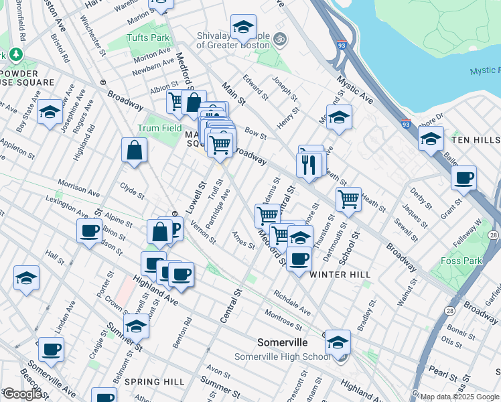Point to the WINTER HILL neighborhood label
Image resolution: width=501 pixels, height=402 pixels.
click(340, 275)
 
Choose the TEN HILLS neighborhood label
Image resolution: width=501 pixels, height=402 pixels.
click(475, 139)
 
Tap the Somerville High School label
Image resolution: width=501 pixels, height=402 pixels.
click(282, 356)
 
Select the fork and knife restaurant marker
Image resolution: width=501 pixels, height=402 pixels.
click(308, 165)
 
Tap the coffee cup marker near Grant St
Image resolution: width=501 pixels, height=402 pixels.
click(463, 178)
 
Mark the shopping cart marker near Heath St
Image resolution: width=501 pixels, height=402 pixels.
click(348, 199)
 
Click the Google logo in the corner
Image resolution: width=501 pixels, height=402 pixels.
click(21, 394)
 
